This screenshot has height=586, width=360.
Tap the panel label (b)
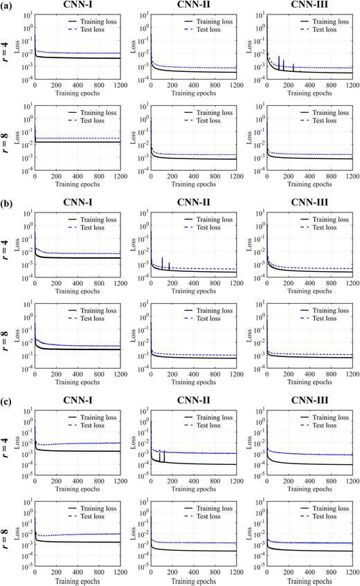(x=8, y=204)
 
